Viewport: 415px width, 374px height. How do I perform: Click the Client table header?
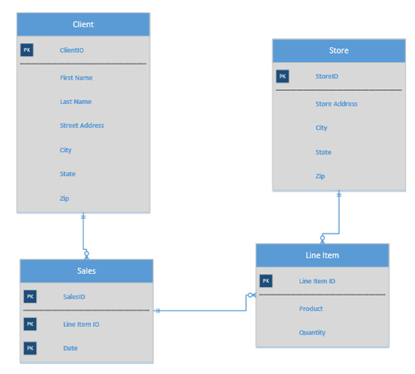point(83,24)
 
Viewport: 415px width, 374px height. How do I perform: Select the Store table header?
point(338,50)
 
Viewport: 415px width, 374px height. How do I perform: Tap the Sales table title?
point(86,271)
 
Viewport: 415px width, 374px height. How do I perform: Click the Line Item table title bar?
point(322,255)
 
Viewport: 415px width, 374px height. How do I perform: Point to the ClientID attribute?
point(72,50)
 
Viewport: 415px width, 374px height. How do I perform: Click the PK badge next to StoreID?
point(282,77)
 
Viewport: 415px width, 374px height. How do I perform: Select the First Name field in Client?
point(76,78)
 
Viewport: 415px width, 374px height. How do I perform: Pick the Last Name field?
point(76,102)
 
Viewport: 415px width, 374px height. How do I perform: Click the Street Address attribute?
point(82,126)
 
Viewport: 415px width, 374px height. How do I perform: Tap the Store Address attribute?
point(336,104)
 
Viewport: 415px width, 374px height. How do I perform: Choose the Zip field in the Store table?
point(320,176)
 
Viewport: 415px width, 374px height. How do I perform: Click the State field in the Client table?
point(67,174)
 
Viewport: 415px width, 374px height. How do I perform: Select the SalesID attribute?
point(74,297)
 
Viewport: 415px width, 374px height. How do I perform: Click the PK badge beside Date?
point(30,348)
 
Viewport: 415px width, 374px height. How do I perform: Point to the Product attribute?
point(311,309)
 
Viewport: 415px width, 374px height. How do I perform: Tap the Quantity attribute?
point(312,333)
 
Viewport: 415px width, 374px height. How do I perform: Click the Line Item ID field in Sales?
point(81,324)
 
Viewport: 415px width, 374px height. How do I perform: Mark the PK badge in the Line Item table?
point(266,281)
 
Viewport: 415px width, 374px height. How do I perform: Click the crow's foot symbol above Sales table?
point(86,255)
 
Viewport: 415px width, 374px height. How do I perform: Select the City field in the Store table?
point(321,128)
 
